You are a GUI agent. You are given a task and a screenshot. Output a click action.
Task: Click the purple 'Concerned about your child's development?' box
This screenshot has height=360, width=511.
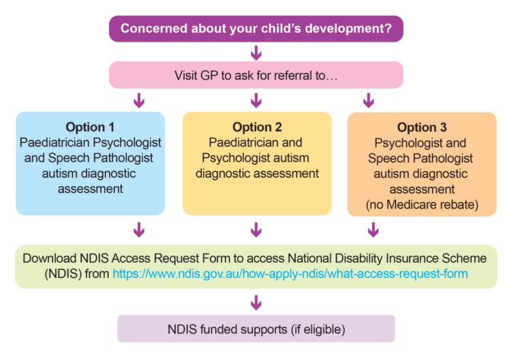255,29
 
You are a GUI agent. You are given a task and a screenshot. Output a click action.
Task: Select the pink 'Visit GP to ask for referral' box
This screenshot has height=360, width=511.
255,75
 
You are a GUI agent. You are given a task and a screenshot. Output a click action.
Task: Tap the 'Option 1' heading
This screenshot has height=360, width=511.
90,127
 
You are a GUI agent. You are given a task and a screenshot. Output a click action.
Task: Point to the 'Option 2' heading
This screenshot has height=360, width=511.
256,127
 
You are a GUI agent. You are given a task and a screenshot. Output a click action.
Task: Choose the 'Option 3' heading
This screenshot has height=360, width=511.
421,127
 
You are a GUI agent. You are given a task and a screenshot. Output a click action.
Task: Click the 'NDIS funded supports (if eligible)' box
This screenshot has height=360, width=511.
255,329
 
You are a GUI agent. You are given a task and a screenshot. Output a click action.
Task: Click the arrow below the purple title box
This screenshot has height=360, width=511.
256,52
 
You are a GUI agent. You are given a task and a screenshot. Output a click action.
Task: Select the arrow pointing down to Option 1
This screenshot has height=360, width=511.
140,101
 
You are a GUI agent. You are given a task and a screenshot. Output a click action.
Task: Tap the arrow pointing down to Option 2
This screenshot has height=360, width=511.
256,101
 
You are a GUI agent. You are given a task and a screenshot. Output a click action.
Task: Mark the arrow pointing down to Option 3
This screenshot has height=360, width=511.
369,101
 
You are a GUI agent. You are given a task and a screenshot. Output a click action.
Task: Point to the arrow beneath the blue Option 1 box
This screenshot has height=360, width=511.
140,230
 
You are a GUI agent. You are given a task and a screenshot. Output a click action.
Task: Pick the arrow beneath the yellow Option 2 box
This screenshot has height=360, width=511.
256,230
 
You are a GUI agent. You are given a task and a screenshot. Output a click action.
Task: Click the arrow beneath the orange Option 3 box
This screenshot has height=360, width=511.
373,230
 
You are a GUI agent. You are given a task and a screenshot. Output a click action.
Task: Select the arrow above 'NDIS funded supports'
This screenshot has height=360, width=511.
256,301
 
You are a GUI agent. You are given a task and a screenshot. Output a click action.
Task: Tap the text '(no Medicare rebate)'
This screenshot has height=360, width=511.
421,204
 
